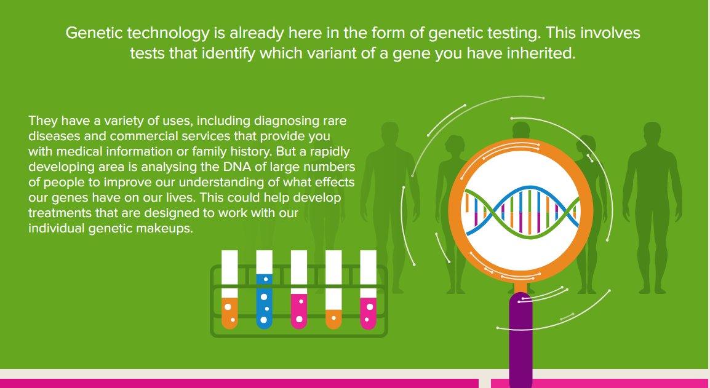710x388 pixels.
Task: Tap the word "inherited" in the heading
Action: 543,53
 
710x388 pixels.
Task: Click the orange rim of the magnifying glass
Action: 459,209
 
